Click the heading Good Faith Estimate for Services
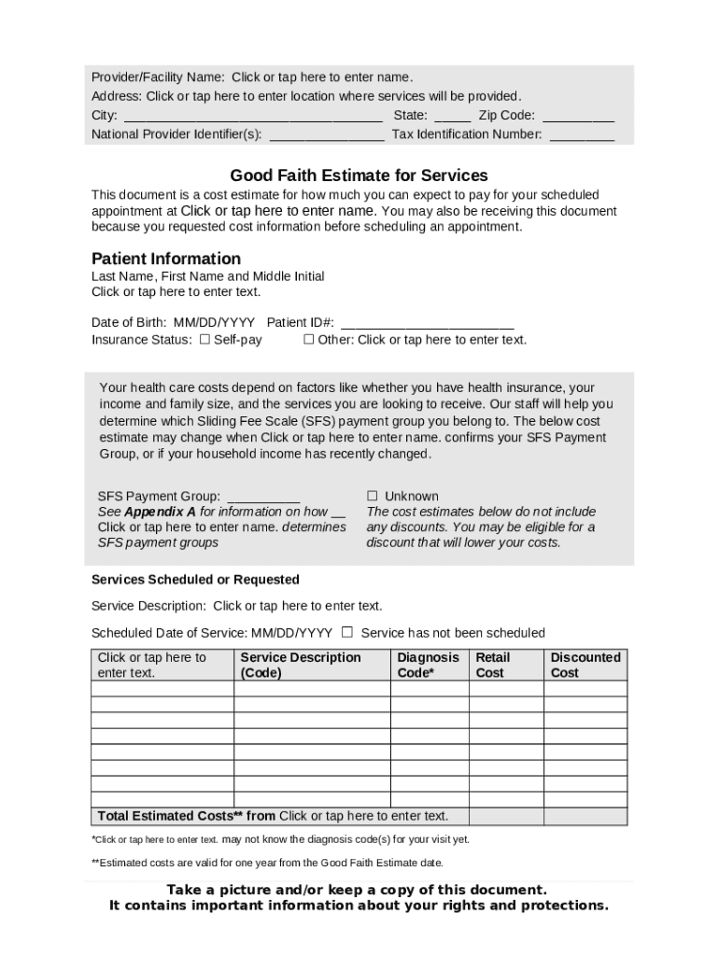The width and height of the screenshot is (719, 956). pyautogui.click(x=359, y=176)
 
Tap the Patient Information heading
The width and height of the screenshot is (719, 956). pyautogui.click(x=165, y=259)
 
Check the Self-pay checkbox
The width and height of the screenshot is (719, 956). pyautogui.click(x=204, y=340)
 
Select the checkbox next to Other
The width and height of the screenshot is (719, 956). pyautogui.click(x=308, y=340)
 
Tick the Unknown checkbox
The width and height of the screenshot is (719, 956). pyautogui.click(x=372, y=496)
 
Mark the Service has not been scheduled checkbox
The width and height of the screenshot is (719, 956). pyautogui.click(x=347, y=632)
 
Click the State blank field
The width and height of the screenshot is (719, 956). pyautogui.click(x=453, y=117)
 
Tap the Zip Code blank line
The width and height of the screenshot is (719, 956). pyautogui.click(x=578, y=117)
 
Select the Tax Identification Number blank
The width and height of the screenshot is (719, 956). pyautogui.click(x=582, y=135)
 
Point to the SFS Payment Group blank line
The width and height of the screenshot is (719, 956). pyautogui.click(x=263, y=497)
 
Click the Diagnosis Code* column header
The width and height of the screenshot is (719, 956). pyautogui.click(x=428, y=665)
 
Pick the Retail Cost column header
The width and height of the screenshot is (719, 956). pyautogui.click(x=493, y=665)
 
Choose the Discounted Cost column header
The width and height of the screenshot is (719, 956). pyautogui.click(x=585, y=665)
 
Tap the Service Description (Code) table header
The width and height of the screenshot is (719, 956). pyautogui.click(x=300, y=665)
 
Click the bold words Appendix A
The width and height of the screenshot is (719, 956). pyautogui.click(x=160, y=512)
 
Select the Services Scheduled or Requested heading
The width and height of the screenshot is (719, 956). pyautogui.click(x=195, y=580)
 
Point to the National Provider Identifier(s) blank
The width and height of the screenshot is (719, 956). pyautogui.click(x=327, y=135)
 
